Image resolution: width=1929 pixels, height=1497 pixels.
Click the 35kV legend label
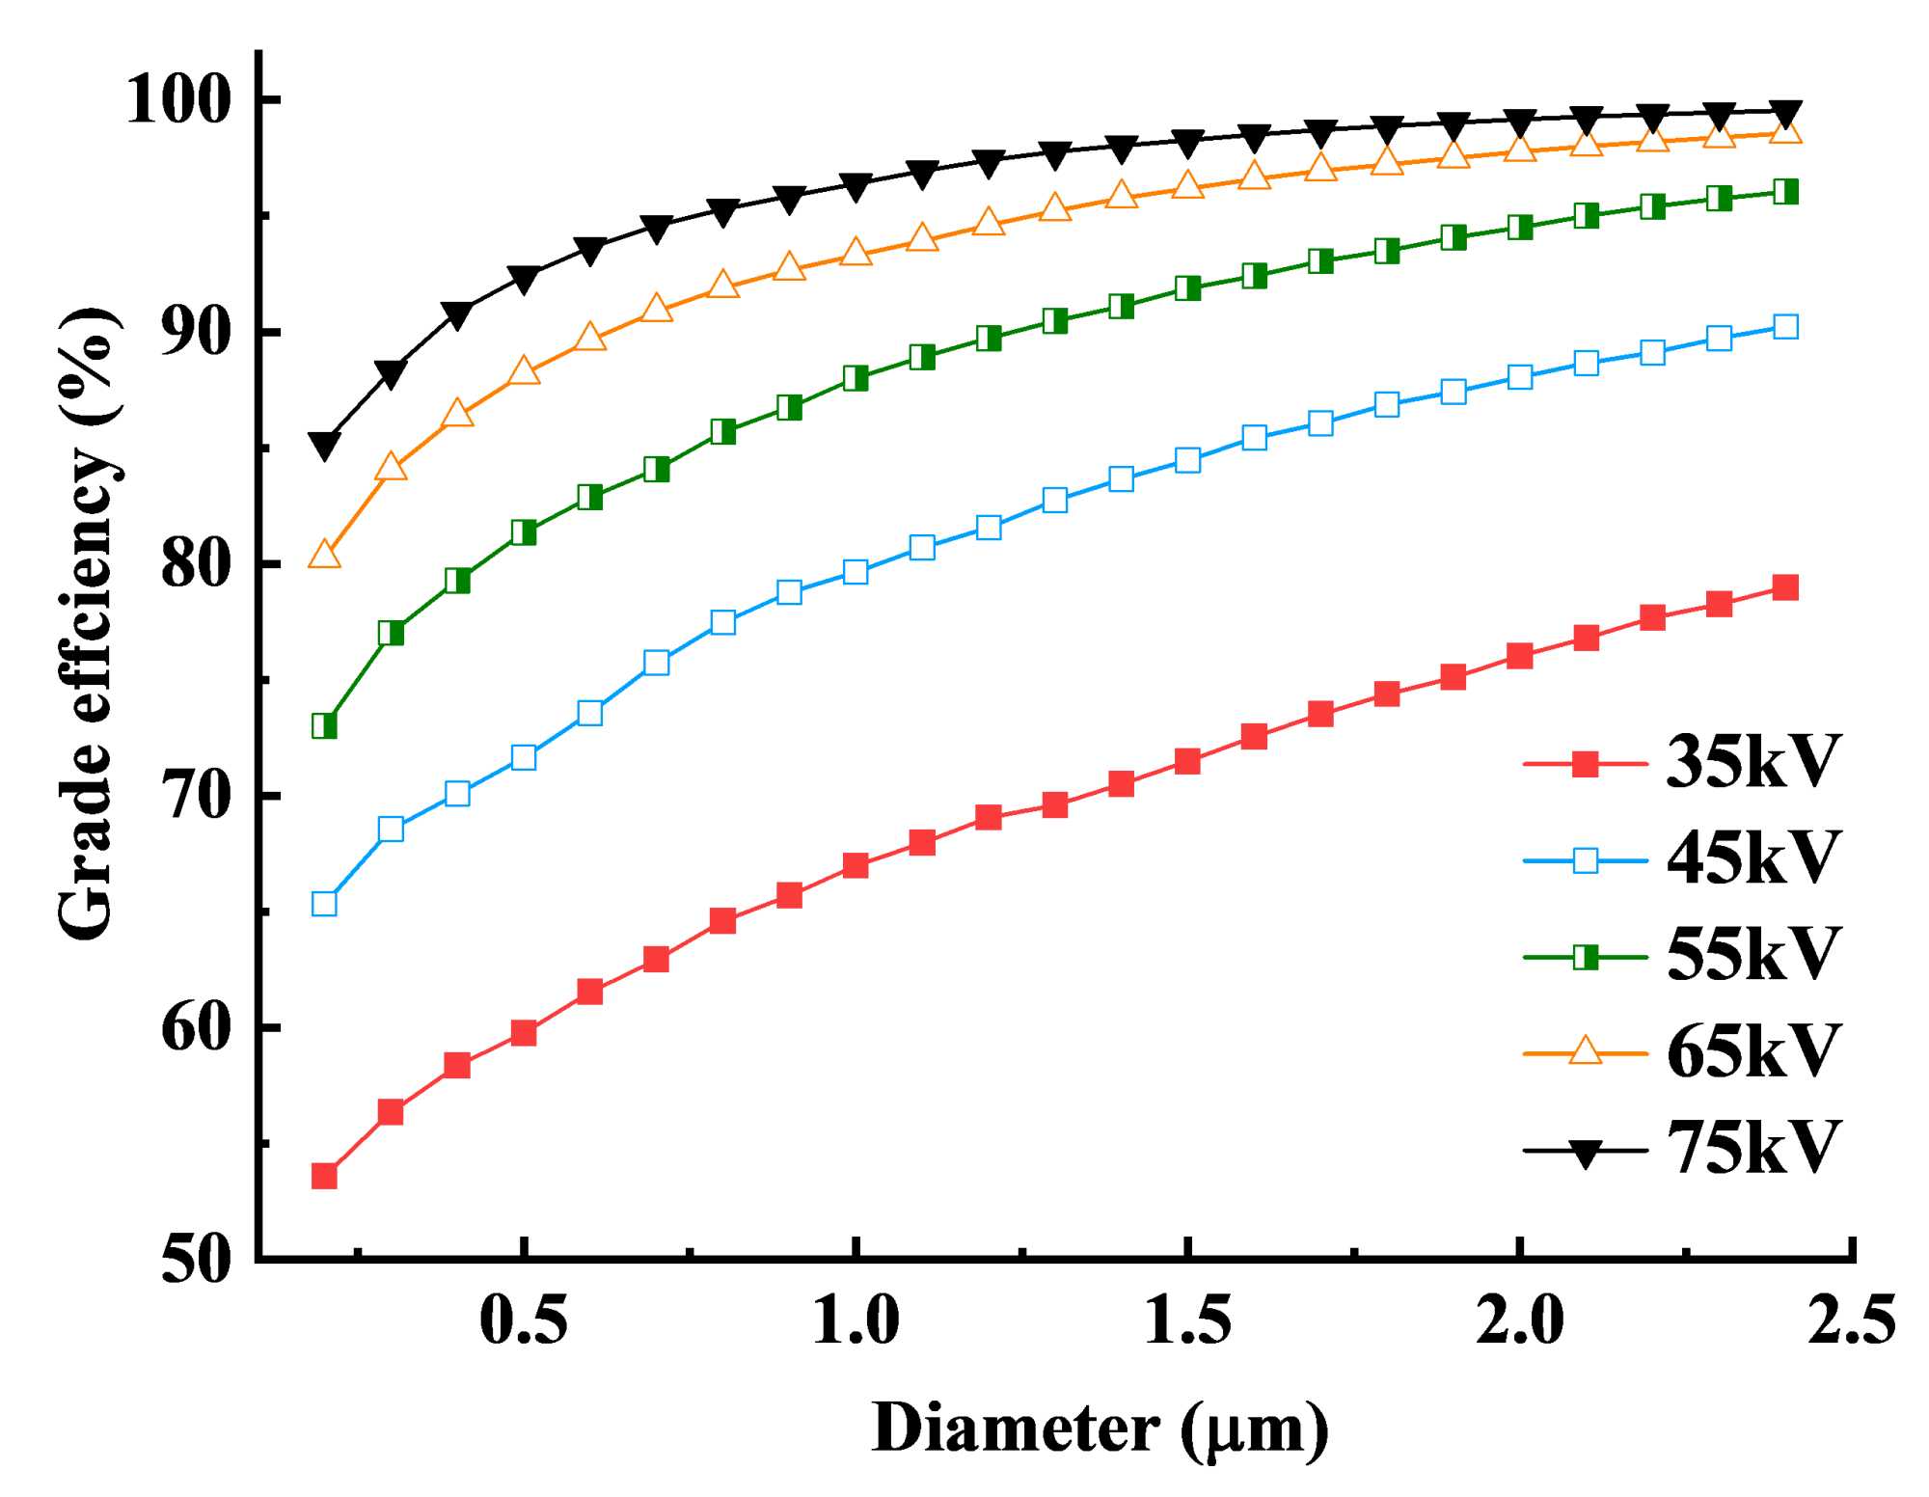pos(1753,763)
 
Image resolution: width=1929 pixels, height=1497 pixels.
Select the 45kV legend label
pos(1753,857)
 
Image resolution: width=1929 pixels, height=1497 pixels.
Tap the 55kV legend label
pos(1753,954)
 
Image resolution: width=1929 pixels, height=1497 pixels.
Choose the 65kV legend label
pos(1753,1050)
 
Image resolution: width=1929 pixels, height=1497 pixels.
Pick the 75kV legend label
pos(1753,1148)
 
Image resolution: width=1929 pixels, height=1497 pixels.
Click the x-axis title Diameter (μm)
pos(1100,1429)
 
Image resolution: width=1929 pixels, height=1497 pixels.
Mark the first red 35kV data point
pos(324,1176)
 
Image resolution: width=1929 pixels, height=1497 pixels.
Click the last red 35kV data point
pos(1785,587)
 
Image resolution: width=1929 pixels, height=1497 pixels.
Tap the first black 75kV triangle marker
pos(324,445)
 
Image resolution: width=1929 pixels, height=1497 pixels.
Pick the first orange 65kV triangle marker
pos(324,555)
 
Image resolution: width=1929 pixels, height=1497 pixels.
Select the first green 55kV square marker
pos(324,725)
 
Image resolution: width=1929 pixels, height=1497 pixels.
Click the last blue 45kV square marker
pos(1785,327)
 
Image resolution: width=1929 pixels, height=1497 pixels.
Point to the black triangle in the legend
pos(1585,1151)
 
